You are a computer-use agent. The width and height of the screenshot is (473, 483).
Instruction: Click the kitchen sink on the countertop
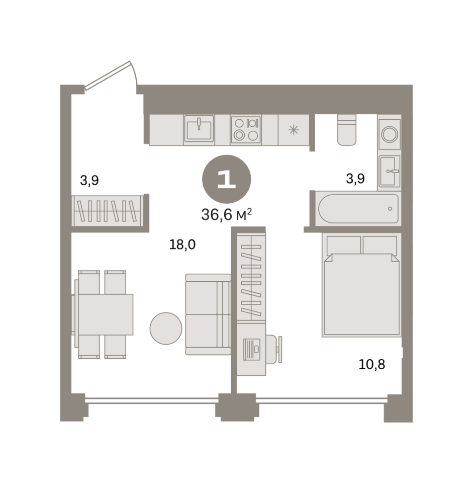click(199, 130)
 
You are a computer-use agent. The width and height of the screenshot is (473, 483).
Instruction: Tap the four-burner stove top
click(246, 129)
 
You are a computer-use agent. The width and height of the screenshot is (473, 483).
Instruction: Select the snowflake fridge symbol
click(294, 130)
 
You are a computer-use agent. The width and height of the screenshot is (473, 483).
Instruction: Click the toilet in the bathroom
click(347, 130)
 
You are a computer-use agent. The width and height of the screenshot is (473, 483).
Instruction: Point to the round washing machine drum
click(390, 134)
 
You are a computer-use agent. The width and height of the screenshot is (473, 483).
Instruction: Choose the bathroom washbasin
click(390, 171)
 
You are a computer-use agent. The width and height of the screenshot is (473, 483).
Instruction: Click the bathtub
click(358, 208)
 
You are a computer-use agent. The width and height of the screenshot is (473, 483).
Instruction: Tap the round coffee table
click(166, 329)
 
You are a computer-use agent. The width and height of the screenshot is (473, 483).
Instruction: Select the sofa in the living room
click(208, 314)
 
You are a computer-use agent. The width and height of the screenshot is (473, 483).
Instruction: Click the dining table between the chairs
click(106, 314)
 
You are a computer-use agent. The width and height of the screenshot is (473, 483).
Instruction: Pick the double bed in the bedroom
click(361, 285)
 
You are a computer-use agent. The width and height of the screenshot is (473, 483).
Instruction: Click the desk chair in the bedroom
click(274, 350)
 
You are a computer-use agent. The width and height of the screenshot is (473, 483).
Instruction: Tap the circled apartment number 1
click(227, 179)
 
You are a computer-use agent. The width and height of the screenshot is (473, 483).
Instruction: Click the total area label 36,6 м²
click(227, 214)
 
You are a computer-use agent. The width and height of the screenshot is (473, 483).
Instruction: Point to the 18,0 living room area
click(182, 245)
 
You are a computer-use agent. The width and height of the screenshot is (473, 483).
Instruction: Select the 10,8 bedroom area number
click(372, 364)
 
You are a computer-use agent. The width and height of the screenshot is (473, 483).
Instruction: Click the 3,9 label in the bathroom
click(355, 178)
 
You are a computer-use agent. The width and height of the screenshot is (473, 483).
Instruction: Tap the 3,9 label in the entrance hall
click(89, 180)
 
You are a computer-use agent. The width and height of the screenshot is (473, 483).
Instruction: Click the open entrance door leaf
click(108, 75)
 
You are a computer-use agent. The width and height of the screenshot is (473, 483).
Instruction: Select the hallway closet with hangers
click(108, 211)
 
